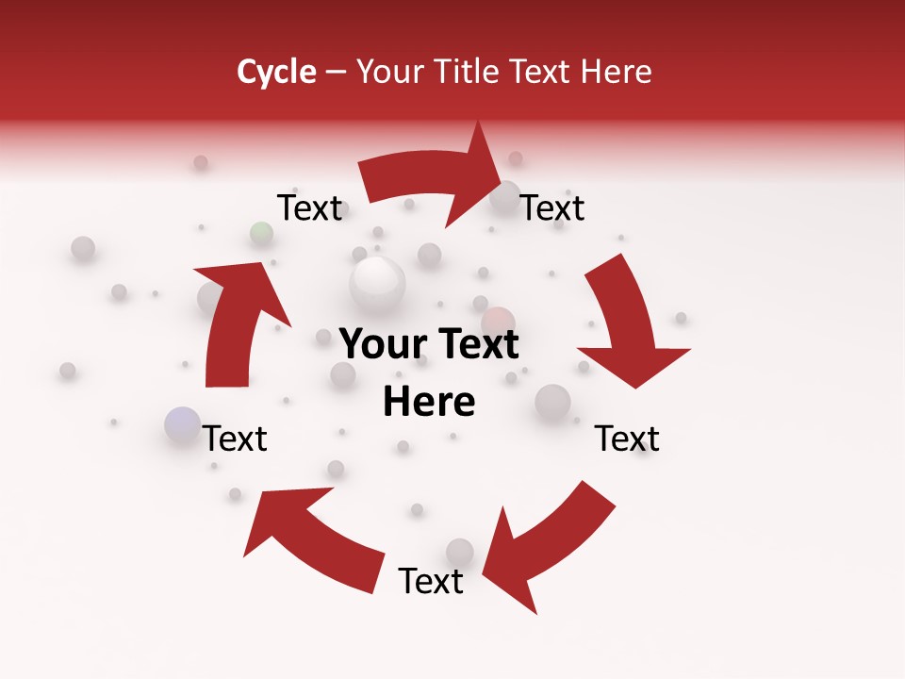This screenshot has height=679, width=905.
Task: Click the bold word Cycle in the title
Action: tap(276, 72)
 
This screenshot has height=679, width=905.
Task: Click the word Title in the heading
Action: tap(470, 72)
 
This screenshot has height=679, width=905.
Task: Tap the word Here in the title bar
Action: tap(616, 72)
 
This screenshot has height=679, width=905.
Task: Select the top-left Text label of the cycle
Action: tap(310, 207)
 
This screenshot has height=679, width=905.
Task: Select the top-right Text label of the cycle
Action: tap(553, 207)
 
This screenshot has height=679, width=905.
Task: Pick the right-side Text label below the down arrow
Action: tap(628, 439)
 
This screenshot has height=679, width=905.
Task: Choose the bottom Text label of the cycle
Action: tap(431, 582)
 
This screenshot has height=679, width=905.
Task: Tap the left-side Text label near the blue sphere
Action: tap(236, 439)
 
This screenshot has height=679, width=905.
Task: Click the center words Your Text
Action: tap(429, 344)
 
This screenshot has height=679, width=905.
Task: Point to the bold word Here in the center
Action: tap(429, 403)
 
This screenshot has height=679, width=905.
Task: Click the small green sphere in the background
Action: tap(262, 233)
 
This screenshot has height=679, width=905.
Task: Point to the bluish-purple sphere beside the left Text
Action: tap(182, 424)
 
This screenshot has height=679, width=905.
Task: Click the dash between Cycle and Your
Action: tap(337, 72)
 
